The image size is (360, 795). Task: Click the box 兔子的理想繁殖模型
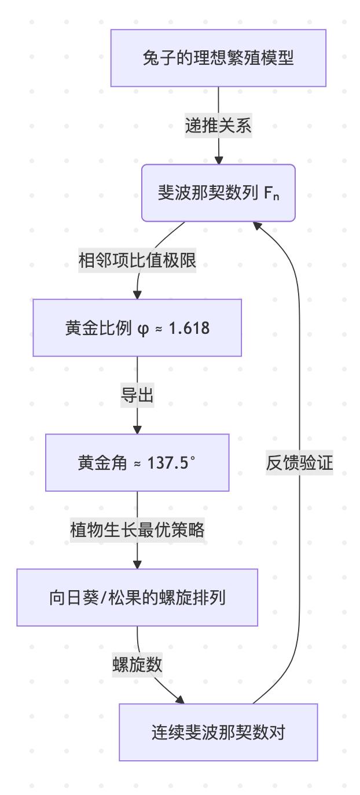(218, 58)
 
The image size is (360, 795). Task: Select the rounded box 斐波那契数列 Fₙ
(218, 193)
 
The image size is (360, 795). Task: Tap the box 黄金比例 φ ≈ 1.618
(137, 328)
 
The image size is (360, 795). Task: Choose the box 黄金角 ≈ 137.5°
(137, 463)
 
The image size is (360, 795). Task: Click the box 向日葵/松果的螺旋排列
(137, 597)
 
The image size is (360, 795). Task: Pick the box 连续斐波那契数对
(218, 732)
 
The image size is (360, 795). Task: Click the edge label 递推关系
(218, 126)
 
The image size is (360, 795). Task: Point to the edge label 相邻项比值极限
(137, 261)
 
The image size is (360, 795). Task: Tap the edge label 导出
(137, 396)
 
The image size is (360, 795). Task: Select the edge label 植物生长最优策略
(137, 530)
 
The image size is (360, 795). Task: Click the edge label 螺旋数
(137, 665)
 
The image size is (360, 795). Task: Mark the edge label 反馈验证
(299, 463)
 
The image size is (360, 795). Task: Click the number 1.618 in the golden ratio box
(189, 328)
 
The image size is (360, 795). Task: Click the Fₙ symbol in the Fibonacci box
(271, 193)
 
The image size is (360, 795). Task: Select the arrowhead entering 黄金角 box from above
(137, 430)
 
